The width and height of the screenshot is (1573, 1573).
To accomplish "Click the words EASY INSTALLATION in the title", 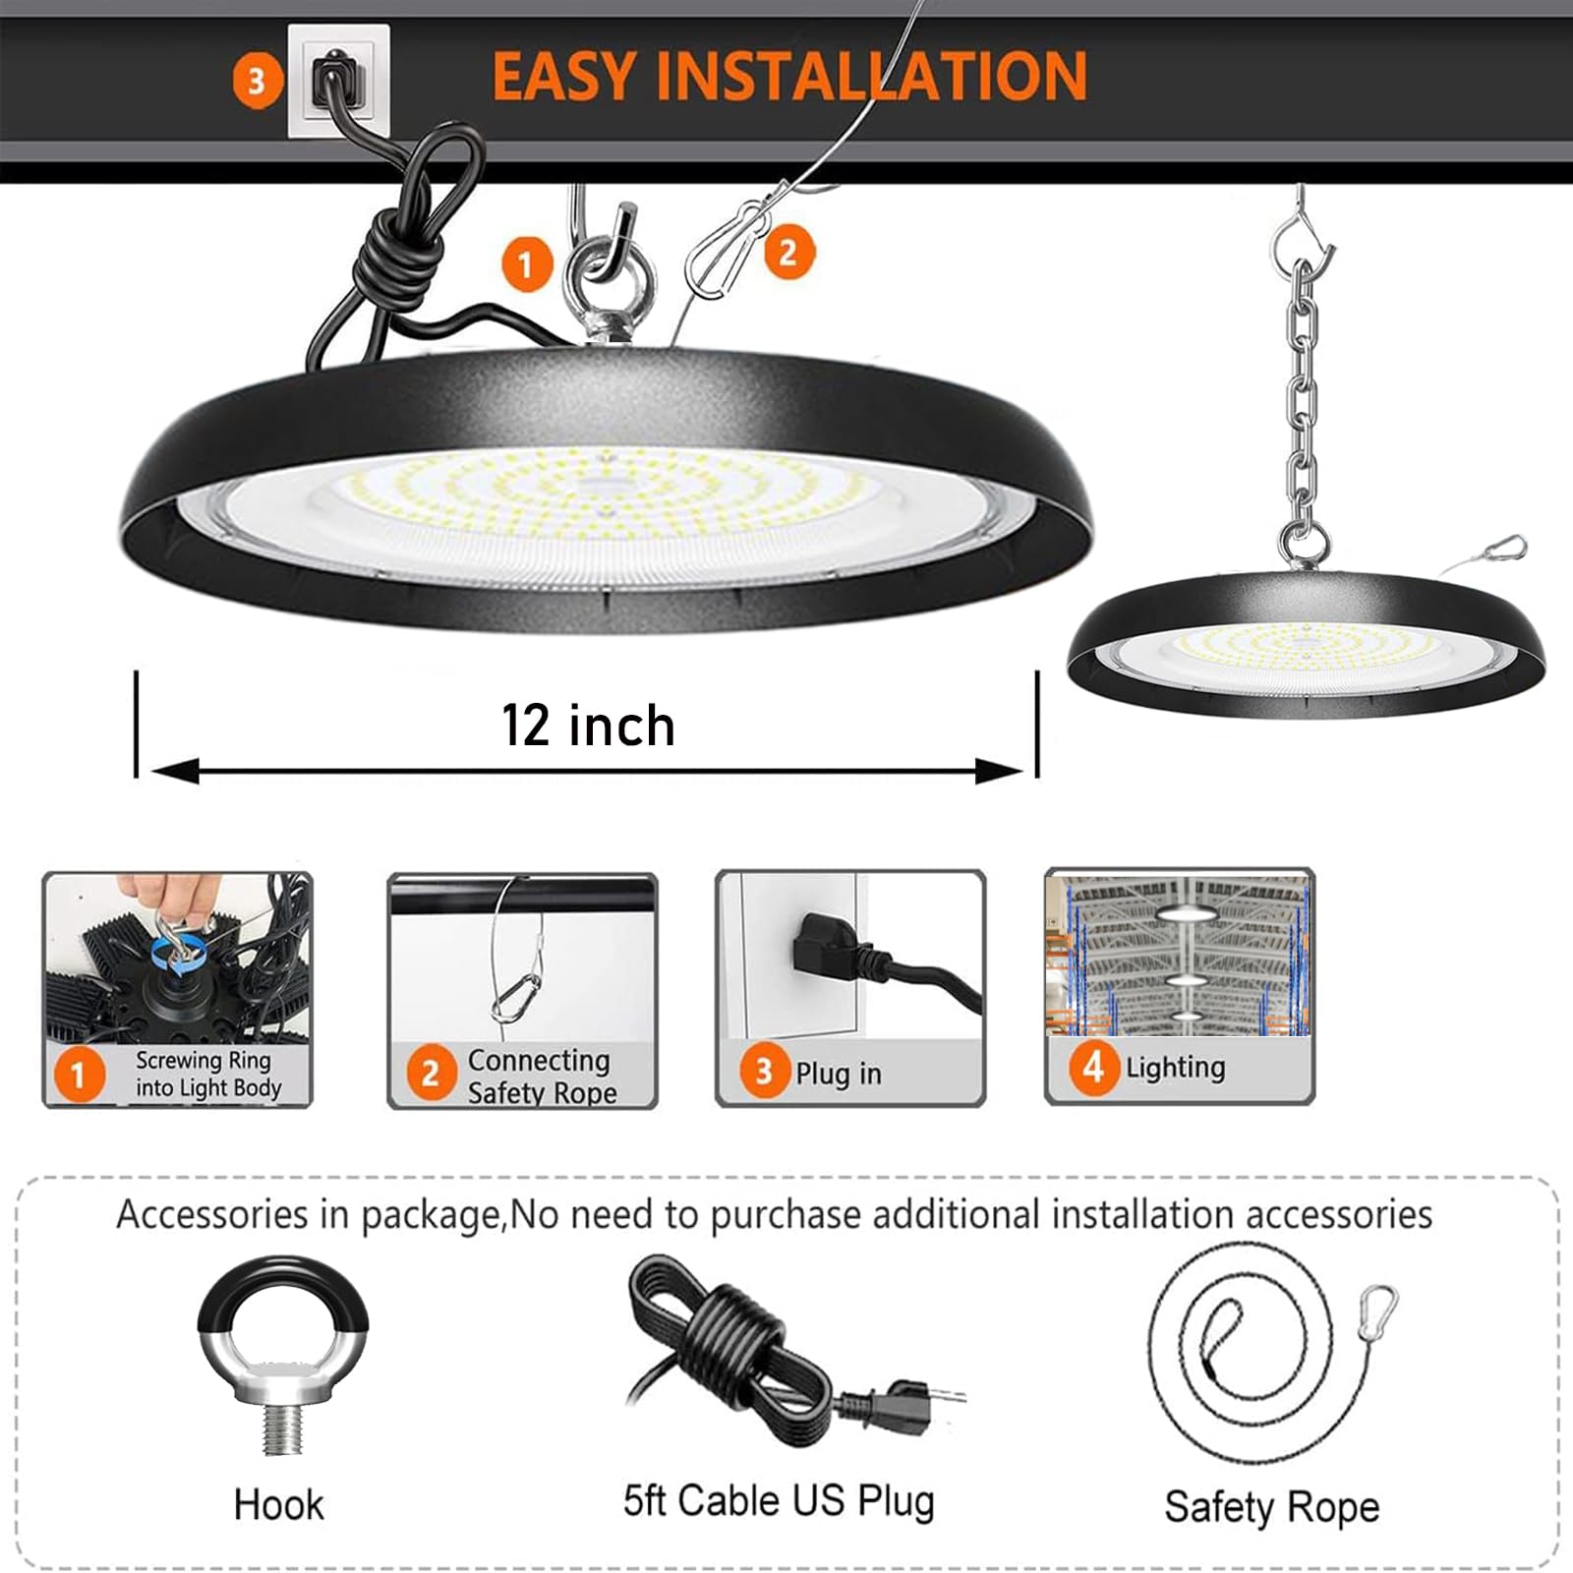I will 788,77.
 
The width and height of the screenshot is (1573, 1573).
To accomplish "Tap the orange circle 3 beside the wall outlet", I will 256,81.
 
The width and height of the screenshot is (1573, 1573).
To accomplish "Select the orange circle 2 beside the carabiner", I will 787,253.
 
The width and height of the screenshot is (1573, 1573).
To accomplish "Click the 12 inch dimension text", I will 588,726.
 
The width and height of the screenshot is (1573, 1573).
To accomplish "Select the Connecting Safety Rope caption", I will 541,1076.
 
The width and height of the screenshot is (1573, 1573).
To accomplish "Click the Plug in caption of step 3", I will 838,1074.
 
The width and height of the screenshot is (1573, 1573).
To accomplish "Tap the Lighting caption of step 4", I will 1175,1068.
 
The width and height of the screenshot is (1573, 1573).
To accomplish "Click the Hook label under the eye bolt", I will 278,1505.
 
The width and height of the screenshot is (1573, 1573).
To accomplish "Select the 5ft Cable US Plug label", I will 779,1501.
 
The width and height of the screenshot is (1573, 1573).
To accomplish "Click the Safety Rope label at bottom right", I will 1271,1506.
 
